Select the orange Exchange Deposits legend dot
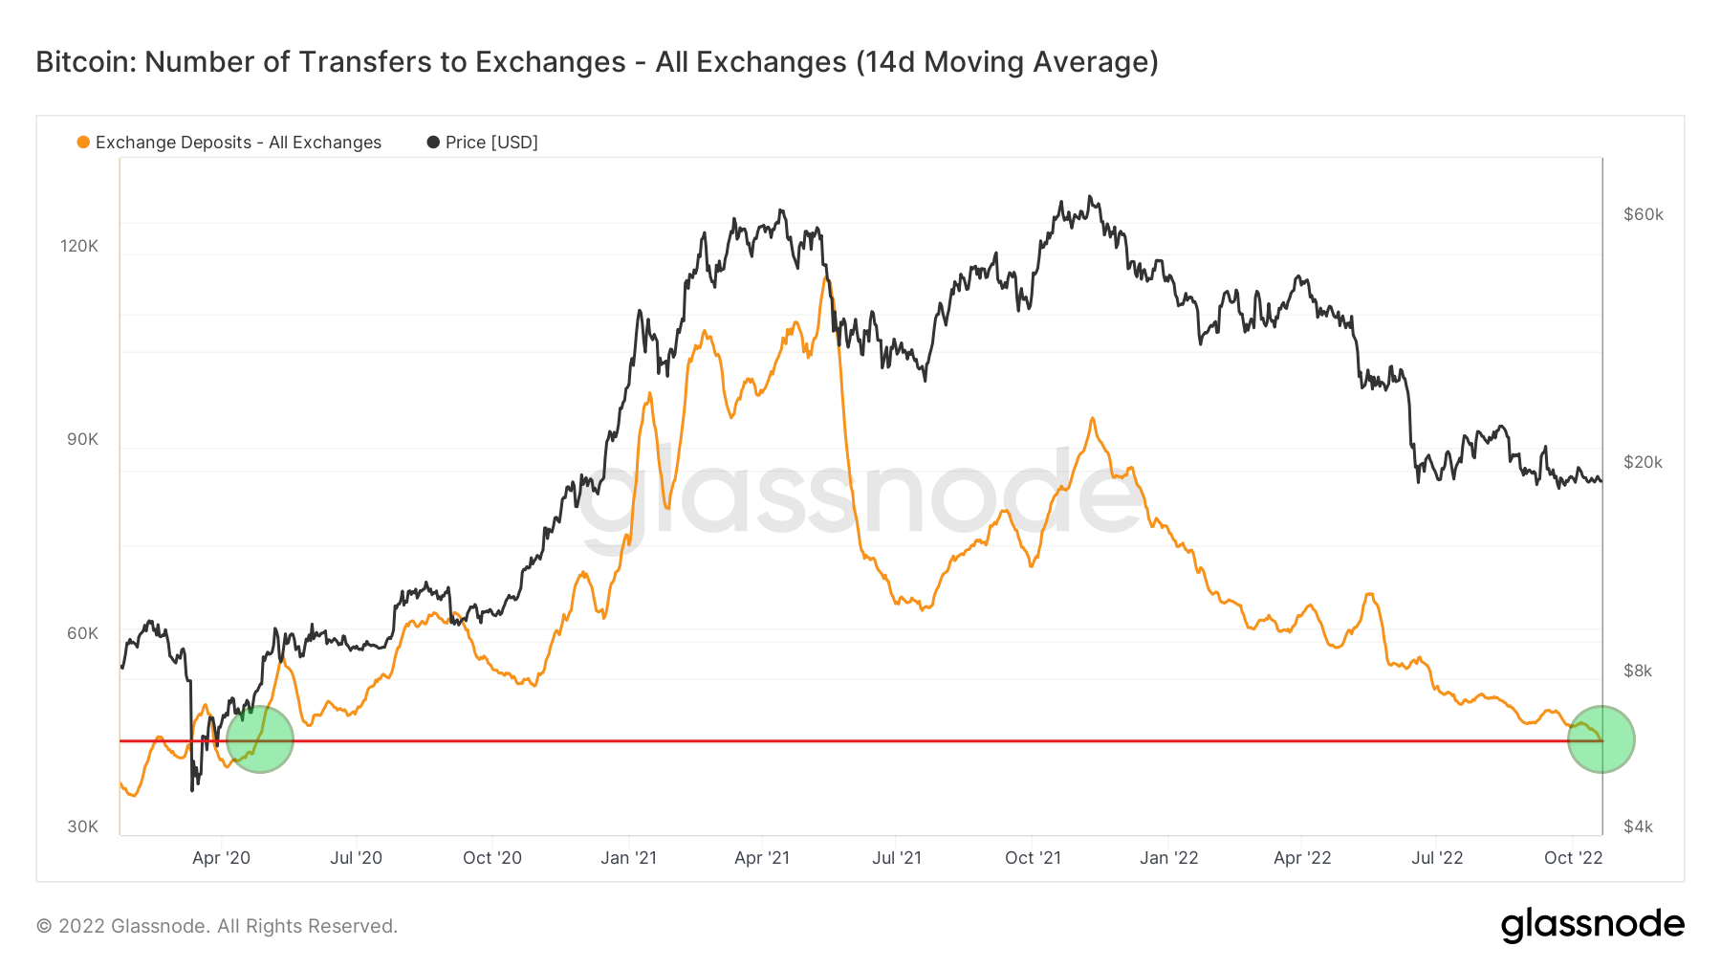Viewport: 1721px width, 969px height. coord(83,143)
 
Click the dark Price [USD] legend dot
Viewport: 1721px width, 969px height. coord(433,143)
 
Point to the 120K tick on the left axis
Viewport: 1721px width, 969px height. coord(79,246)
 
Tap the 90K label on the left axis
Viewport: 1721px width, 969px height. coord(82,440)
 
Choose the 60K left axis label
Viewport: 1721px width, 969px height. coord(82,633)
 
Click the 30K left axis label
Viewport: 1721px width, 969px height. coord(82,826)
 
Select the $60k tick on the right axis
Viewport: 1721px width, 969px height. coord(1644,214)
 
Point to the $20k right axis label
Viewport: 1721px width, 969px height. coord(1644,462)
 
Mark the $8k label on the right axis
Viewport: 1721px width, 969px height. coord(1638,671)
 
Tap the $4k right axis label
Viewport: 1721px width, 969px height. coord(1638,826)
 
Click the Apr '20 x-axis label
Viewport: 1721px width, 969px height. coord(221,858)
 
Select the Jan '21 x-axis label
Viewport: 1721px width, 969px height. coord(628,858)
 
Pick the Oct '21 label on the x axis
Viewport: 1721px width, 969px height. coord(1033,858)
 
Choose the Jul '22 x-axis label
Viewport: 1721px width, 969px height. coord(1437,858)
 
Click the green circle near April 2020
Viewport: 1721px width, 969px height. coord(260,739)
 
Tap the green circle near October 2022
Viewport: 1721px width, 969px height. coord(1601,739)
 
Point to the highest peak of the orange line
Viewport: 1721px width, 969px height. coord(824,278)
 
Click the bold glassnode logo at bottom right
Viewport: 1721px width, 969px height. coord(1592,925)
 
